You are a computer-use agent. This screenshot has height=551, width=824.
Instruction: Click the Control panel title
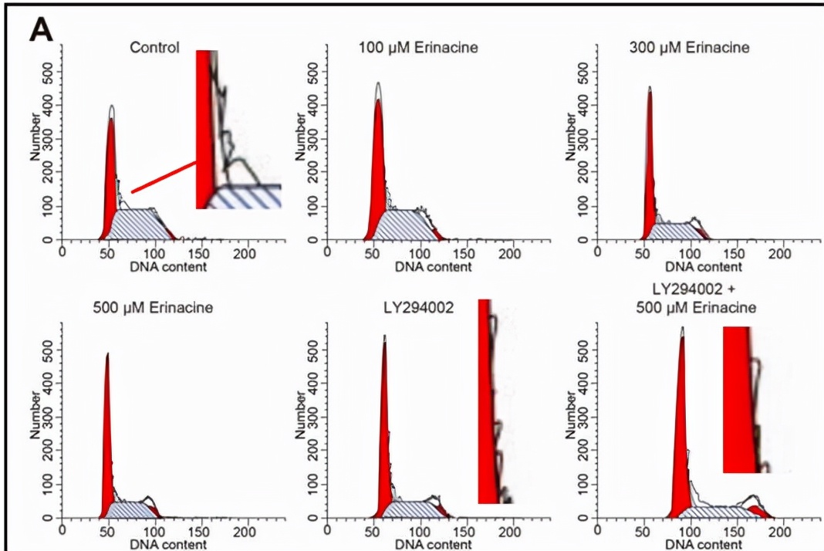(154, 48)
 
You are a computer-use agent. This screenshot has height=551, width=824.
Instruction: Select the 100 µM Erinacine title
(418, 48)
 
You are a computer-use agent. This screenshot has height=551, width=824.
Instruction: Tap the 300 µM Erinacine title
(689, 48)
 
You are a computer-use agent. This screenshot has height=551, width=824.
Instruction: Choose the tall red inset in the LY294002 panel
(489, 401)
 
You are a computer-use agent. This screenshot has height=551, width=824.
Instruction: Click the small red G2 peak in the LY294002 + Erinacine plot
(758, 511)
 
